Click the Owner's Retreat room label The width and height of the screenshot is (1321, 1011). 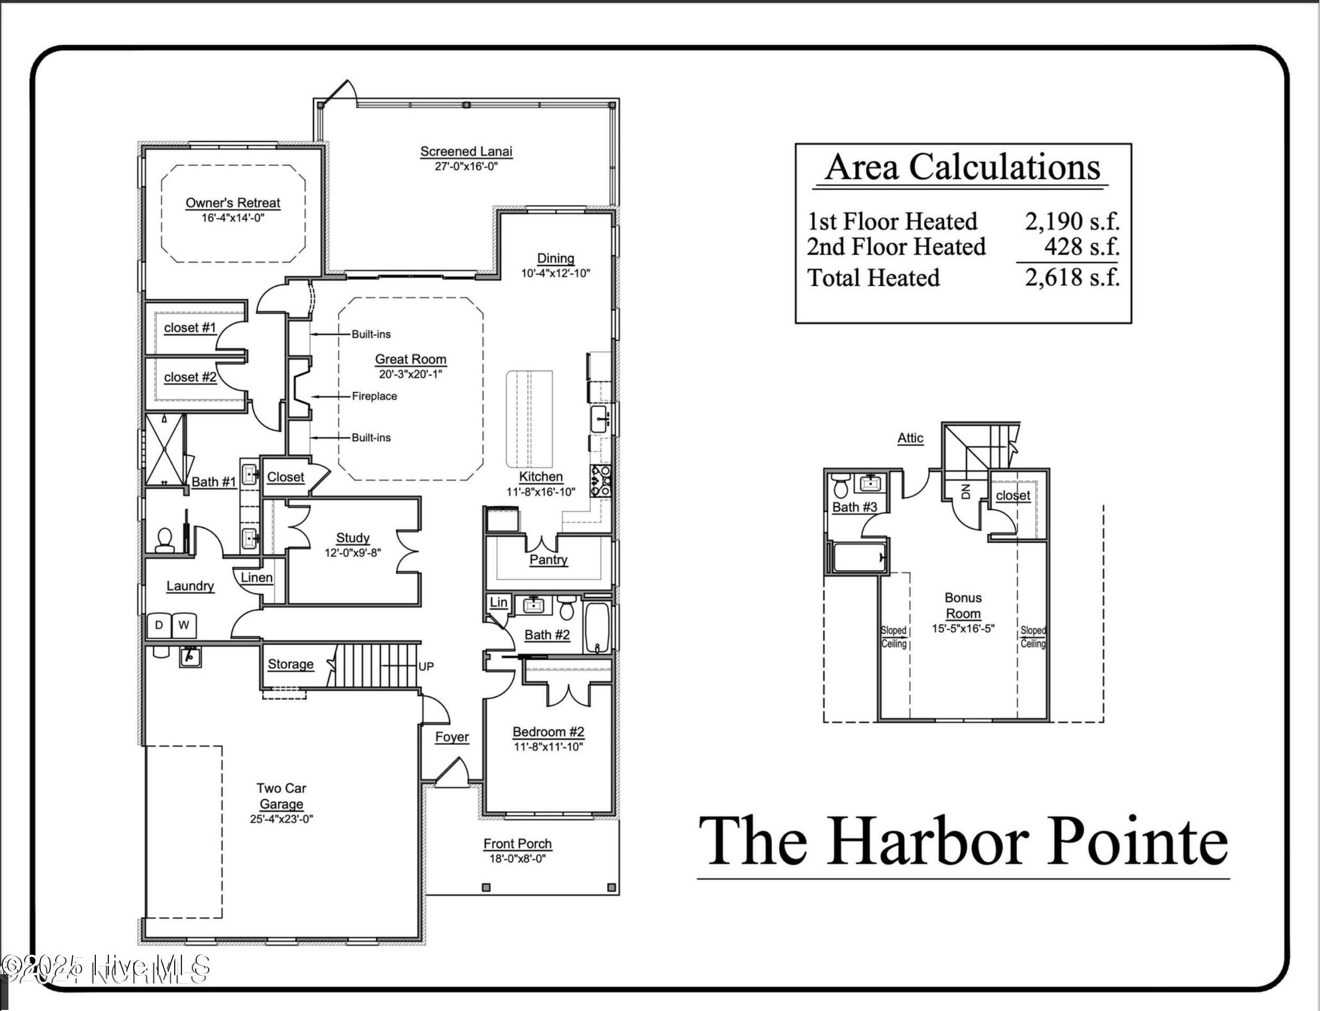click(233, 203)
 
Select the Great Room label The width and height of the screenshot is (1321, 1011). click(411, 359)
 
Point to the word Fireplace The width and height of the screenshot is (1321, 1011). click(375, 396)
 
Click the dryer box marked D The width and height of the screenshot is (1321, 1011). click(159, 625)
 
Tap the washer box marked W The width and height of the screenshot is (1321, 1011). click(184, 625)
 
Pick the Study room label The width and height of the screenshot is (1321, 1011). click(353, 538)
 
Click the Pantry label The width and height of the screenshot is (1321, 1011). click(548, 560)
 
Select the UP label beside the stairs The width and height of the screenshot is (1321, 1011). click(426, 666)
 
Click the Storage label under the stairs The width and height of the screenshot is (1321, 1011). click(291, 664)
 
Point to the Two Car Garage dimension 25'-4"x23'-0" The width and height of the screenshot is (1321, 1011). click(282, 819)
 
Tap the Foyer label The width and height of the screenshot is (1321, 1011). click(452, 737)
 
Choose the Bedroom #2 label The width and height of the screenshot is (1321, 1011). click(548, 732)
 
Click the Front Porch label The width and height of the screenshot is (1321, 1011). click(518, 844)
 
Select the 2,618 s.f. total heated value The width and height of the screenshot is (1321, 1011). click(1073, 277)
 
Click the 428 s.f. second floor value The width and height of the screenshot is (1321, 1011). click(1082, 247)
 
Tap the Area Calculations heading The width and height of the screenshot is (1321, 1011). click(963, 167)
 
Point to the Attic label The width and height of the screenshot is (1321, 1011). click(910, 438)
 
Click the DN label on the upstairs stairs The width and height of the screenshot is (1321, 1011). click(966, 491)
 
